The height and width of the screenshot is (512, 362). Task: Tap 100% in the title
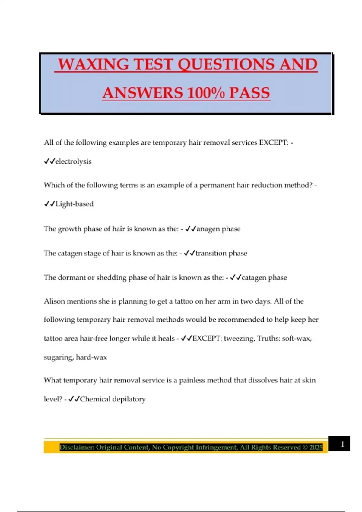click(x=207, y=93)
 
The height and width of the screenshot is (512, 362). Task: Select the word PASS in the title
click(x=249, y=93)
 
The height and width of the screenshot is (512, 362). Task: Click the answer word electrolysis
click(x=73, y=161)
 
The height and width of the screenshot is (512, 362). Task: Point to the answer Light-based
click(x=75, y=204)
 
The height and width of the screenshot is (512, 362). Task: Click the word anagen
click(x=208, y=229)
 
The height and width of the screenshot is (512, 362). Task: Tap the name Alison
click(x=54, y=301)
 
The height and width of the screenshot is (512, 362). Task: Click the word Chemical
click(x=95, y=399)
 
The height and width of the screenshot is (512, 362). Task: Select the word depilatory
click(x=129, y=399)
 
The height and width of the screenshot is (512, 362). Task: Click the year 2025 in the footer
click(x=316, y=447)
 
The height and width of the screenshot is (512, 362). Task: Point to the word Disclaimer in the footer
click(x=77, y=447)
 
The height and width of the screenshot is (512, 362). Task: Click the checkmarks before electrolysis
click(x=49, y=161)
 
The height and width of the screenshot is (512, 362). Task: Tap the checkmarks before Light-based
click(x=49, y=204)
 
